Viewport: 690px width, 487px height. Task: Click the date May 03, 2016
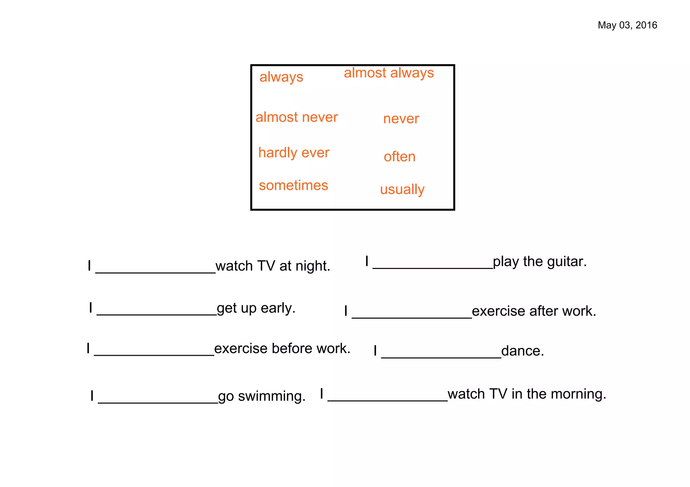(627, 25)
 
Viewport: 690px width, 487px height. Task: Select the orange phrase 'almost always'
(389, 73)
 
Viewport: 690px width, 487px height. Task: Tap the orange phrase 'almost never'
(296, 117)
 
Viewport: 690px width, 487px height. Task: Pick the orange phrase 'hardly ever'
(293, 153)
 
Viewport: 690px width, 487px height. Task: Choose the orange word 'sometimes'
(293, 185)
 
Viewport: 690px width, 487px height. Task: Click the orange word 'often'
(400, 157)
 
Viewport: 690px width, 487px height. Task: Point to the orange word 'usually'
(402, 189)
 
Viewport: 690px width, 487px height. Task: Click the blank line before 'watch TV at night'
(155, 270)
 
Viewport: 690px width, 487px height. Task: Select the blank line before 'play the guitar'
(433, 266)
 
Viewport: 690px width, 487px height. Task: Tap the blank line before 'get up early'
(157, 312)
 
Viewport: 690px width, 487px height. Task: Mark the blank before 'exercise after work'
(412, 315)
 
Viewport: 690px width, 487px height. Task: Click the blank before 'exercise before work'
(154, 353)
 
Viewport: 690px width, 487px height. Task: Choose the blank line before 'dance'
(441, 355)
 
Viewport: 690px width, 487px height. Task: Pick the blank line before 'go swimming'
(158, 400)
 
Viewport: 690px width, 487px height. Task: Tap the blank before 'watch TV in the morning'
(387, 398)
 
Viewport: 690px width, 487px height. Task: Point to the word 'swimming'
(272, 396)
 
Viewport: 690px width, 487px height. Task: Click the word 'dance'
(522, 351)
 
